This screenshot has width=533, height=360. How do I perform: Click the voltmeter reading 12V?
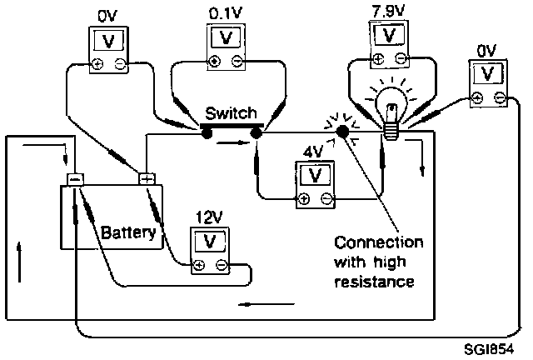click(211, 249)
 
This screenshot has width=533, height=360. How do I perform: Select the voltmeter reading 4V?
click(315, 182)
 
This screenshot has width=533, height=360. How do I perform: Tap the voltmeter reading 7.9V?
click(390, 42)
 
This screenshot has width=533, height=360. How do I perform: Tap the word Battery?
click(129, 232)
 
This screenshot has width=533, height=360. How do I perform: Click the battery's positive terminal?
click(147, 178)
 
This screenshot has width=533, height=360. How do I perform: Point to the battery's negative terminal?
click(75, 178)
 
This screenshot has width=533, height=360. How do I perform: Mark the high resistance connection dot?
click(341, 132)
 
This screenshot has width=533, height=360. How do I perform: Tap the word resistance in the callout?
click(373, 282)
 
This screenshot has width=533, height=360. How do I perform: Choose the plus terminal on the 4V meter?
click(304, 198)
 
